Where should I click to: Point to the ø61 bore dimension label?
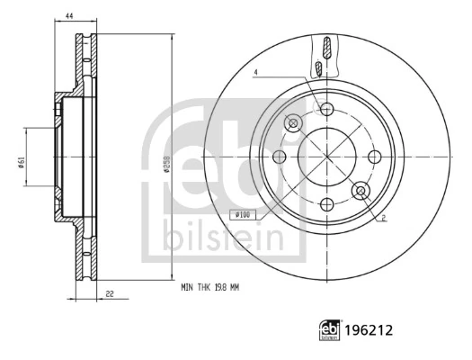tap(20, 160)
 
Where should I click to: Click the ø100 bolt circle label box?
tap(244, 213)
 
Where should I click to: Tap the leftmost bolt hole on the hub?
tap(280, 157)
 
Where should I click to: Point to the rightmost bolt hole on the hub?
tap(374, 157)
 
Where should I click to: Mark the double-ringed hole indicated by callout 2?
tap(361, 191)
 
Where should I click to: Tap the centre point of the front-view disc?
tap(327, 157)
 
